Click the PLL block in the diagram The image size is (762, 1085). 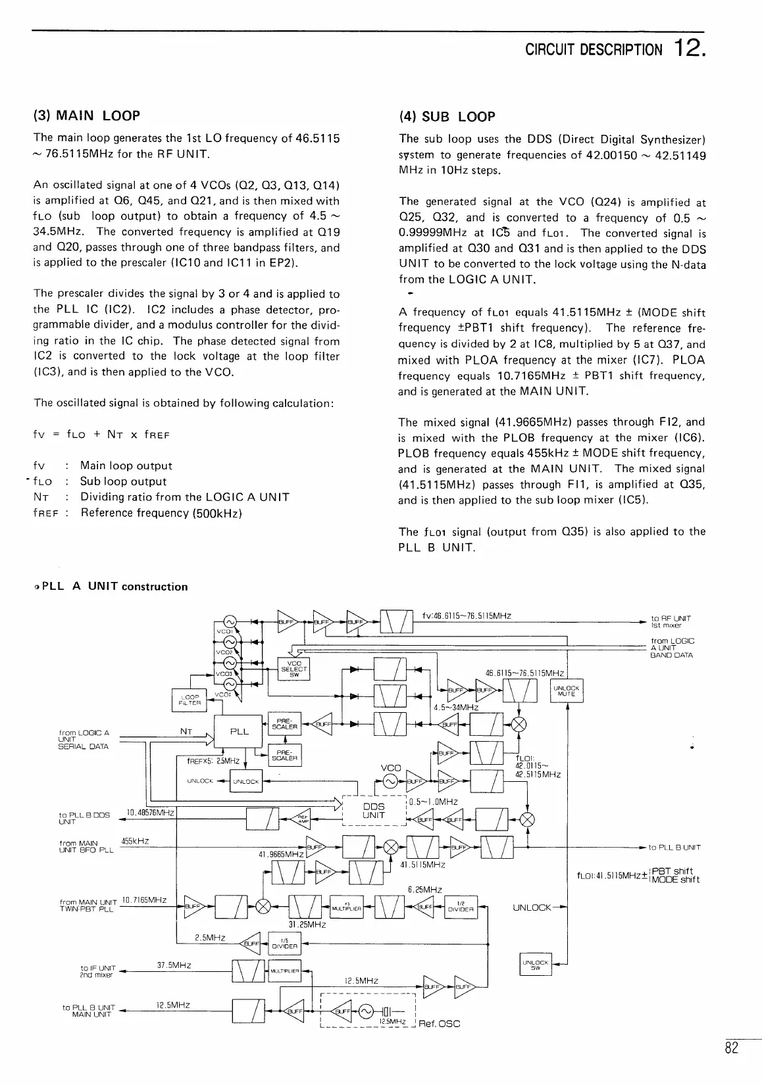(240, 731)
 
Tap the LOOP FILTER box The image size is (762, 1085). (190, 700)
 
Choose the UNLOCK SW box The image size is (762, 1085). (534, 965)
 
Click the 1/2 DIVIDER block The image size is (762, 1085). (461, 908)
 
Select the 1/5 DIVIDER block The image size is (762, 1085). (284, 944)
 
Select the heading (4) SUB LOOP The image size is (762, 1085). (447, 117)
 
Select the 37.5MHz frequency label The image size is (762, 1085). (174, 965)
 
